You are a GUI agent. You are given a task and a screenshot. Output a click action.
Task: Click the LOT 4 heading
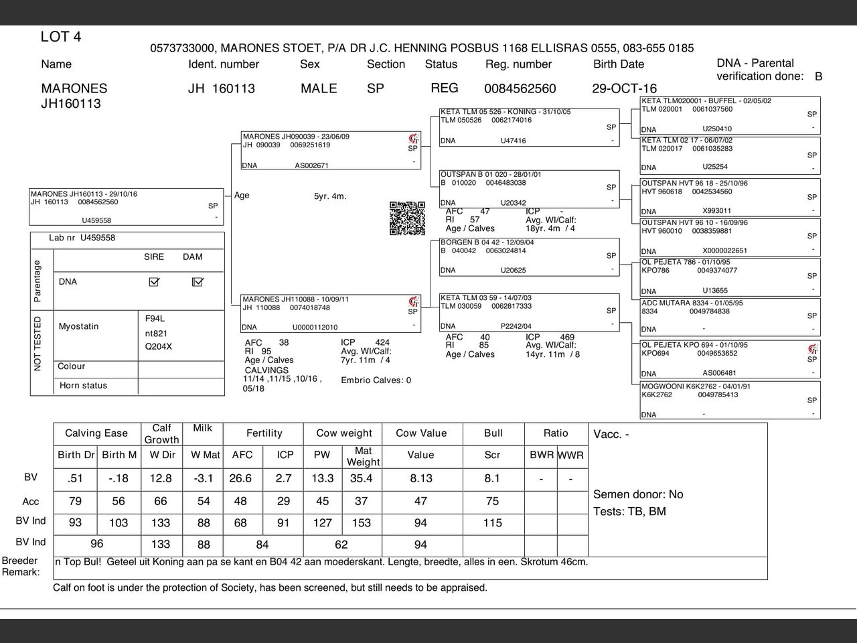61,37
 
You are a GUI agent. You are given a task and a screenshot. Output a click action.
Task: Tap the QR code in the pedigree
407,218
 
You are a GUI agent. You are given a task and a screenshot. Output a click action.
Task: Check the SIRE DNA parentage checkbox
154,282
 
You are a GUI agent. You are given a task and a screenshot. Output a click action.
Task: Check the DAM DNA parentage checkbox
197,282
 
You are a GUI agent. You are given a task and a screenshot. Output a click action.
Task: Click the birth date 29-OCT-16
624,88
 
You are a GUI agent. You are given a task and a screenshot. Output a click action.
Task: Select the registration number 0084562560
520,88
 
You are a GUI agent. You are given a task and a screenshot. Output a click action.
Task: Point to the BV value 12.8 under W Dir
161,478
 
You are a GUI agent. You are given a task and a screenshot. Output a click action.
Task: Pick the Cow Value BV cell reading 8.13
420,478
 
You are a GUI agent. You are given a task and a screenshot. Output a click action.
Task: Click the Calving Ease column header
96,433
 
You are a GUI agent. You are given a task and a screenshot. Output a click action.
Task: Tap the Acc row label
31,502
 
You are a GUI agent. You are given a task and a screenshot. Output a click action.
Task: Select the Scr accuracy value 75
492,501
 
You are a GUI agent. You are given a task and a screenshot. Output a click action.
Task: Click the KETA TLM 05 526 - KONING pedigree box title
505,112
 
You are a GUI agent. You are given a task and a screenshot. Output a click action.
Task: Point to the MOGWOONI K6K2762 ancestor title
696,386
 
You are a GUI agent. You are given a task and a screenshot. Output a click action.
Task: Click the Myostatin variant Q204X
159,347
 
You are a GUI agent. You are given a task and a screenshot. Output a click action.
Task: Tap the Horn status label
83,386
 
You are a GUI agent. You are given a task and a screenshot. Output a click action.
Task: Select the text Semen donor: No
638,494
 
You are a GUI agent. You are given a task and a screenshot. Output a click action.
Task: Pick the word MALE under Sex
319,88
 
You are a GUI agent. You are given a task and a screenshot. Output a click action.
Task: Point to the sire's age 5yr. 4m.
330,197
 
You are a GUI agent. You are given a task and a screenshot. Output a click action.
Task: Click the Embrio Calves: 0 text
376,380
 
